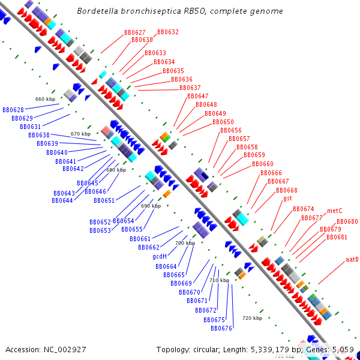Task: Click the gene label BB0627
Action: (x=135, y=32)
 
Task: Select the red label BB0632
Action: (x=168, y=32)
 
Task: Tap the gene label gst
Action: (x=288, y=198)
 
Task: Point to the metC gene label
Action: (x=335, y=211)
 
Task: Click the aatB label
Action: (x=352, y=260)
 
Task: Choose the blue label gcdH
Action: (x=160, y=256)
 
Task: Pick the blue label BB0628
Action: (x=13, y=110)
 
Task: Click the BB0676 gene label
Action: (x=221, y=328)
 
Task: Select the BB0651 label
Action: (x=104, y=200)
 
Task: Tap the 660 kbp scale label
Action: (x=45, y=99)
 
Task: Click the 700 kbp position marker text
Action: (x=185, y=243)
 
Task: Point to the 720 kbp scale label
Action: (x=252, y=317)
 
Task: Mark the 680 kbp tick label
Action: (x=116, y=170)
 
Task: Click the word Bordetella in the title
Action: (x=101, y=11)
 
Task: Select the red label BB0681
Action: (x=337, y=237)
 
